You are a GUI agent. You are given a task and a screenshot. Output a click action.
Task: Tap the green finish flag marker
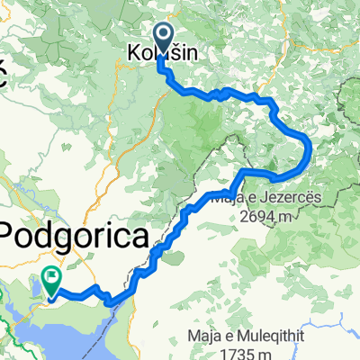click(x=53, y=281)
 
